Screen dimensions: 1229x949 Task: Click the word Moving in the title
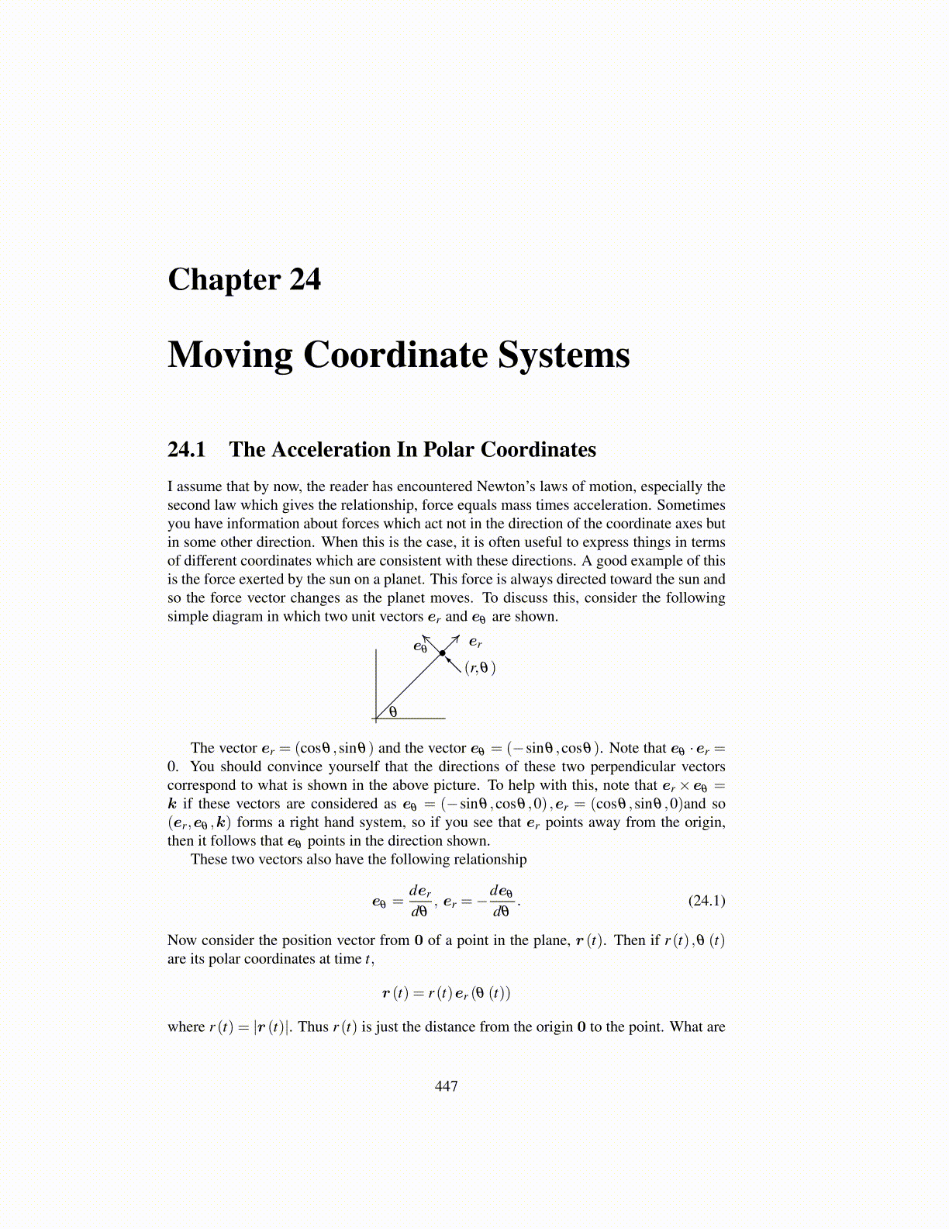(229, 355)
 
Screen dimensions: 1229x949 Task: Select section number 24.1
(187, 450)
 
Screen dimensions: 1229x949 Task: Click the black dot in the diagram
(442, 653)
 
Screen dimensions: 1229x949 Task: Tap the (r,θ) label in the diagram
(480, 667)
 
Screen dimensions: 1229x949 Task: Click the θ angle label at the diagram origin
(393, 711)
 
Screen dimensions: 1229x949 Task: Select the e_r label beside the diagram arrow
(475, 642)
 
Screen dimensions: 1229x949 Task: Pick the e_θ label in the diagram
(420, 646)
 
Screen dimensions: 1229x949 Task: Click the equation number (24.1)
(706, 900)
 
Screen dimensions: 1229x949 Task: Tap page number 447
(447, 1086)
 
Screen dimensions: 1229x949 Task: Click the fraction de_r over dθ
(420, 900)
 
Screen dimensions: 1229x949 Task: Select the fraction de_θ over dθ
(501, 900)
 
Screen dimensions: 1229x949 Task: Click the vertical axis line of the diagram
(376, 683)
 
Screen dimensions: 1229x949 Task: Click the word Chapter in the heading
(224, 279)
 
